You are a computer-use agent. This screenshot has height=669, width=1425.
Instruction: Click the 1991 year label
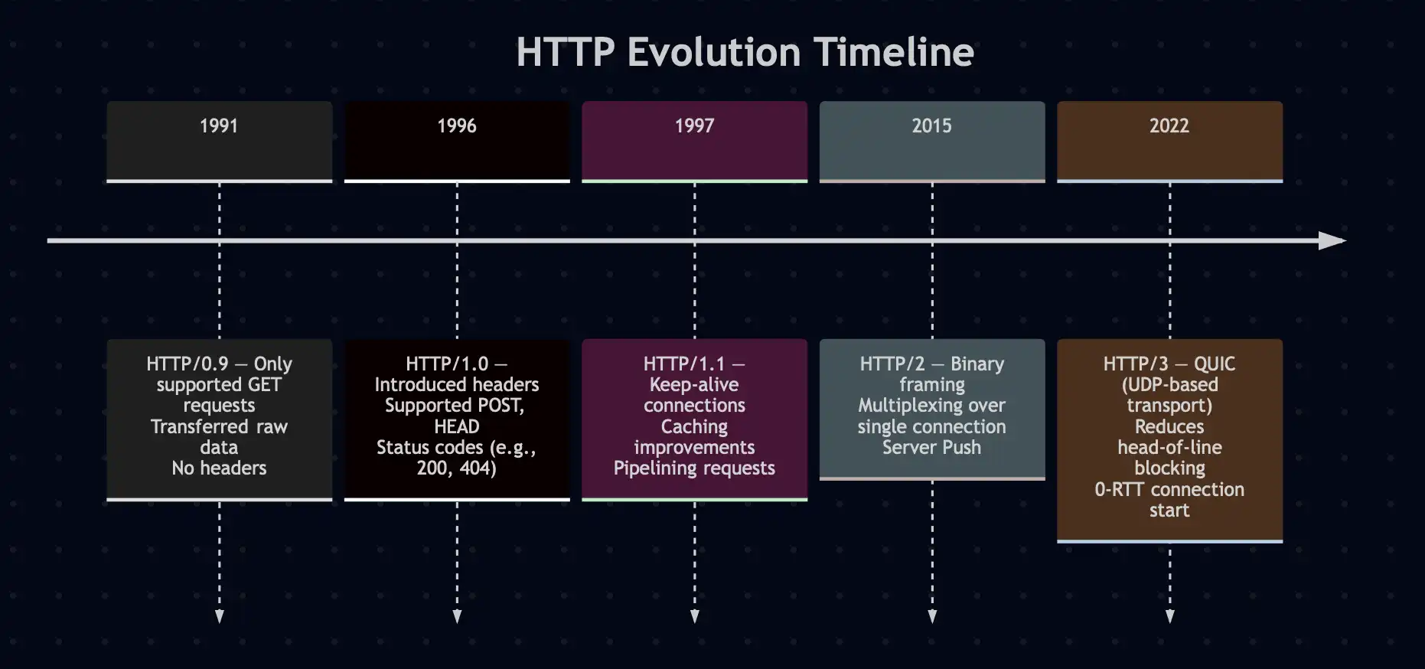pyautogui.click(x=219, y=126)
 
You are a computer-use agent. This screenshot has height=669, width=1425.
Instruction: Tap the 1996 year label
pyautogui.click(x=457, y=126)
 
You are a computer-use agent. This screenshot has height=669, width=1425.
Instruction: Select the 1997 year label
pyautogui.click(x=694, y=126)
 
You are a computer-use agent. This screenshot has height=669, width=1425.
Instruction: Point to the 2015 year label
pyautogui.click(x=931, y=126)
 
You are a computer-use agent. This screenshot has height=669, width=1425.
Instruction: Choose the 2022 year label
pyautogui.click(x=1169, y=126)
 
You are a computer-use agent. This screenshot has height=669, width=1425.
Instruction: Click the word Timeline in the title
pyautogui.click(x=893, y=52)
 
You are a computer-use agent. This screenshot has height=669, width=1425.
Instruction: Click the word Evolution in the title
pyautogui.click(x=714, y=52)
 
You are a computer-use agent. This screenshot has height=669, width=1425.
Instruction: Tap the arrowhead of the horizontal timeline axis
pyautogui.click(x=1332, y=241)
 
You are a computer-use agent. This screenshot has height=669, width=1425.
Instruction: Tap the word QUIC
pyautogui.click(x=1215, y=364)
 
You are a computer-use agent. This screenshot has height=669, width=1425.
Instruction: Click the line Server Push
pyautogui.click(x=931, y=447)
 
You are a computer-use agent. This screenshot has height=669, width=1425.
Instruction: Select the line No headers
pyautogui.click(x=219, y=468)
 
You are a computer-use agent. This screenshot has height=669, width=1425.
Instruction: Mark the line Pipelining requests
pyautogui.click(x=694, y=468)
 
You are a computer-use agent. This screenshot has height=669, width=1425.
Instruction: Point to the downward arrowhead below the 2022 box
pyautogui.click(x=1169, y=616)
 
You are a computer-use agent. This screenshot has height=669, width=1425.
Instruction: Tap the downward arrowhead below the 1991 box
pyautogui.click(x=220, y=616)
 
